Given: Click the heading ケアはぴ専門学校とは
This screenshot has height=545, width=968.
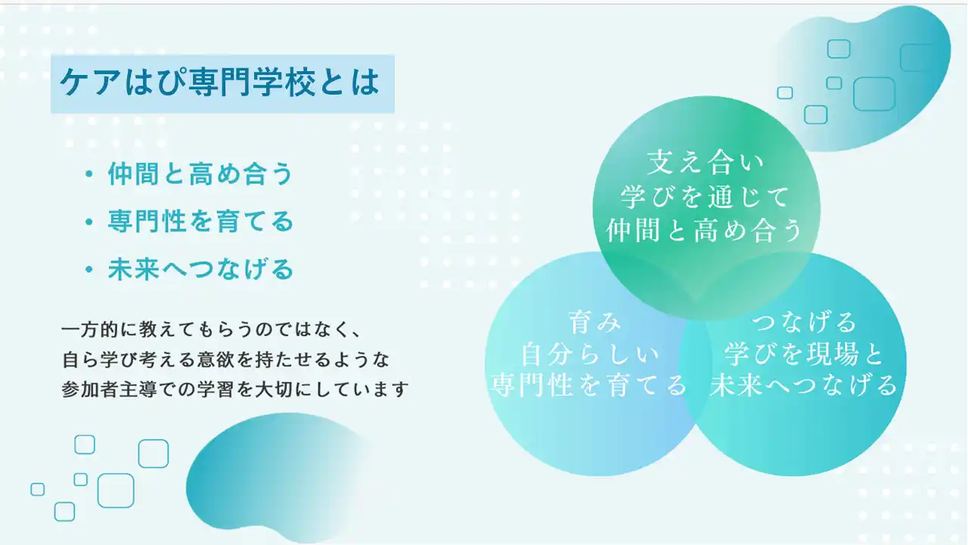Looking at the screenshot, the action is coord(220,83).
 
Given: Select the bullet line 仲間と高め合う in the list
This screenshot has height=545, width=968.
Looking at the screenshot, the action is coord(200,174).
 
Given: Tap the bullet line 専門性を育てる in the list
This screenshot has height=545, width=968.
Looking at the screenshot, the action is coord(200,221).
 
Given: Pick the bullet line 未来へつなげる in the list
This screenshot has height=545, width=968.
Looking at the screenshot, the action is coord(200,269).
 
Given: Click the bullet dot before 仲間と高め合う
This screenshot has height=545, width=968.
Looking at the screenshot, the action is coord(89,174).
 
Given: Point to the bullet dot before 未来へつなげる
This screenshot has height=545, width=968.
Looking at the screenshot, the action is coord(89,269).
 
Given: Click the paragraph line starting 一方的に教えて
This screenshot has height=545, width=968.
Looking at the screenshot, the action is coord(211,330).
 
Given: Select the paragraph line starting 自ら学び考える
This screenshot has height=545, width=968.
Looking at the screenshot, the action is coord(226,360).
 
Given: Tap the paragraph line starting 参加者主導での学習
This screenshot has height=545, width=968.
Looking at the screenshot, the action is coord(235,389).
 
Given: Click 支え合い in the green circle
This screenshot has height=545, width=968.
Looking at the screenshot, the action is coord(706,163).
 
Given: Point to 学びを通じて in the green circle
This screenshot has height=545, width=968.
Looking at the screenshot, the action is coord(706,197).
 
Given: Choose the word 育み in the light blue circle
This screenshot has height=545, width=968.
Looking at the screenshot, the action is coord(594,322).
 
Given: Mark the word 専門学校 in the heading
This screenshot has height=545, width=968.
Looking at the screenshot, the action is coord(252,83).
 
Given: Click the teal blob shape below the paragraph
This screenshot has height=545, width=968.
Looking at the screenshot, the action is coord(277,476).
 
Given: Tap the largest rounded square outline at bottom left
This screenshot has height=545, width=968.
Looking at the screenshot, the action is coord(116,490).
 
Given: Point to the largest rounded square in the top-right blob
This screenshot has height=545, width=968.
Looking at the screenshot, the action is coord(874,95).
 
